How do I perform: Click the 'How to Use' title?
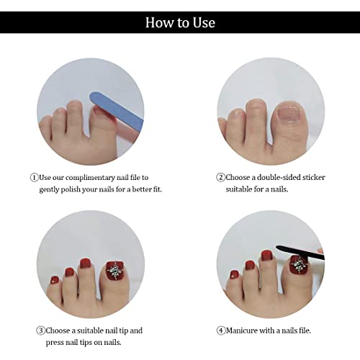click(180, 23)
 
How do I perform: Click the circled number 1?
click(34, 178)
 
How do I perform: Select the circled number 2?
click(220, 178)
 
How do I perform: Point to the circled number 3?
click(40, 330)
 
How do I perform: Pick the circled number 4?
click(221, 330)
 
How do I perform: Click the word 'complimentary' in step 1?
click(90, 178)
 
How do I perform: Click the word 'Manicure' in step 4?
click(242, 330)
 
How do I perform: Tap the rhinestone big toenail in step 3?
click(115, 271)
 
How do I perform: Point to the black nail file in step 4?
click(300, 253)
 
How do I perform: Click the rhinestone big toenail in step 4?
click(300, 265)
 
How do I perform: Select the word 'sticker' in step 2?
click(314, 177)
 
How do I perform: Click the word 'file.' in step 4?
click(304, 330)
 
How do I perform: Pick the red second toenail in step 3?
click(85, 264)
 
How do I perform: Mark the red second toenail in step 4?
click(266, 256)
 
